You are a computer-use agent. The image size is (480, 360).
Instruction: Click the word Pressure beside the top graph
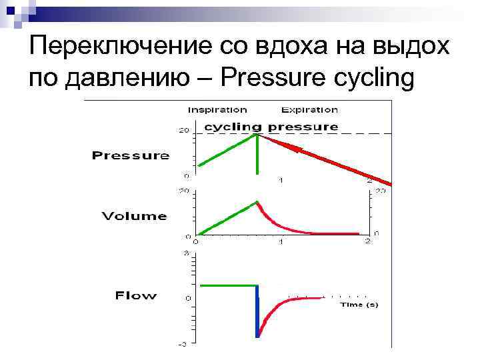tap(130, 156)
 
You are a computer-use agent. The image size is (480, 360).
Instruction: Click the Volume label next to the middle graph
tap(134, 216)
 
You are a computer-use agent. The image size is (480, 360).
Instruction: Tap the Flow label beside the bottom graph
tap(136, 295)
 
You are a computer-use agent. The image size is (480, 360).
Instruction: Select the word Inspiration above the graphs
tap(217, 110)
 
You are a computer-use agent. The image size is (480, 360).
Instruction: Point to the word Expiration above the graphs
tap(309, 110)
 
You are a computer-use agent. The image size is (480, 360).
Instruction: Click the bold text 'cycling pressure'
tap(271, 127)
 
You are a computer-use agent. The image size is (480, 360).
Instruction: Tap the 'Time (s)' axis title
tap(359, 305)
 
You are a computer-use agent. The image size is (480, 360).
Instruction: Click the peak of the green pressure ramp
tap(257, 135)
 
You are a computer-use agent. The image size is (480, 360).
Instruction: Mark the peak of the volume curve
tap(257, 201)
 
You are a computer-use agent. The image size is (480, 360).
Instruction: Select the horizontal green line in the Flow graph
tap(227, 285)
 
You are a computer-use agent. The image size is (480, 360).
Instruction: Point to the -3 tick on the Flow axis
tap(181, 344)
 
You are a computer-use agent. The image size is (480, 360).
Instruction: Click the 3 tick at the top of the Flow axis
tap(187, 254)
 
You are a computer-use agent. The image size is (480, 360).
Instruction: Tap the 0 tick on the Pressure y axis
tap(187, 175)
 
